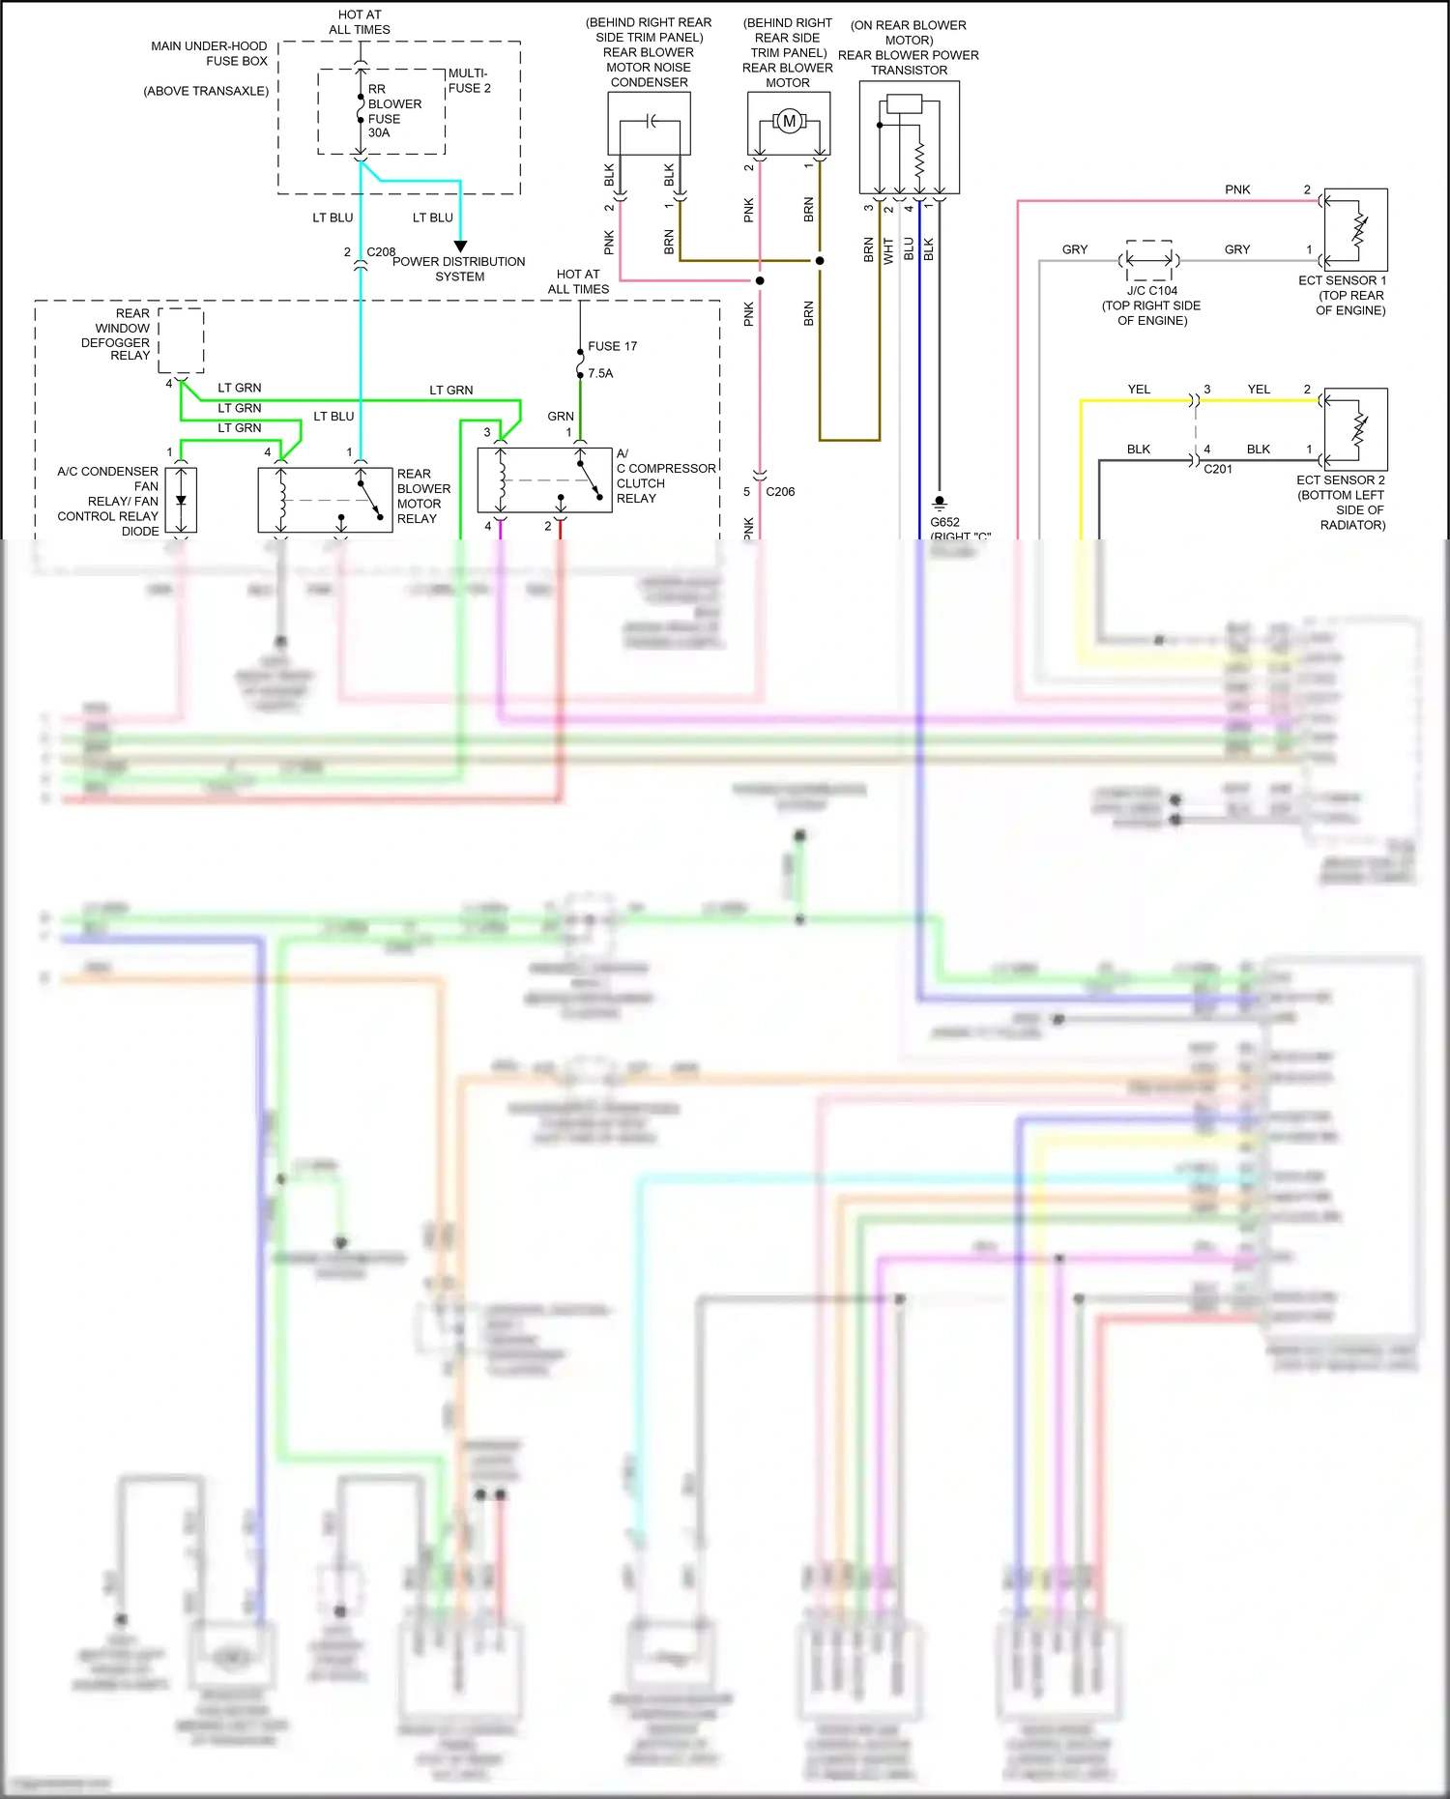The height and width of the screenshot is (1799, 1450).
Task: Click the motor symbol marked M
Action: click(x=789, y=122)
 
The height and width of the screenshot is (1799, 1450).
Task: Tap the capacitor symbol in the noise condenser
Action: click(x=651, y=122)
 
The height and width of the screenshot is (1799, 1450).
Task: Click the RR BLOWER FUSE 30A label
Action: click(x=393, y=111)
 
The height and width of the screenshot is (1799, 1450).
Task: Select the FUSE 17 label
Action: click(x=612, y=346)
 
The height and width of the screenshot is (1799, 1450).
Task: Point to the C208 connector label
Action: click(x=381, y=251)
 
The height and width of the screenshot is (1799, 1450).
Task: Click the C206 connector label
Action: click(x=780, y=491)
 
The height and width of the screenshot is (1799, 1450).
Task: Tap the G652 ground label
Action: click(x=944, y=522)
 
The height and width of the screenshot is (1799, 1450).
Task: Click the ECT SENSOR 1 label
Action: click(x=1342, y=280)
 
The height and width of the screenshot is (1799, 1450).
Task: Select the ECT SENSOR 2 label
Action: click(x=1340, y=479)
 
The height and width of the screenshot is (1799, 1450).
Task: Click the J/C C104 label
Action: click(x=1151, y=290)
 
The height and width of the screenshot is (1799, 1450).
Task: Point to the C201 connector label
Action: click(x=1217, y=469)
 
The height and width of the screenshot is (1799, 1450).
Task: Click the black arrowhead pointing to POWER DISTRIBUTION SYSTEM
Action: click(x=460, y=247)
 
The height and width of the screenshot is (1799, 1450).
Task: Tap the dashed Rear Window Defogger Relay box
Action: click(x=181, y=340)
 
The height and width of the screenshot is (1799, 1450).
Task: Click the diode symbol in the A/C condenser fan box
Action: click(x=181, y=501)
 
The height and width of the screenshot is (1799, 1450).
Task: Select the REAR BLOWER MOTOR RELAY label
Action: click(x=422, y=496)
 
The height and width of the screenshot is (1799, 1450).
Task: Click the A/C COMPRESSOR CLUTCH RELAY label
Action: click(x=665, y=476)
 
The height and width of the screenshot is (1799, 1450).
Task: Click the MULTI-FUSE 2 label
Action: click(x=469, y=80)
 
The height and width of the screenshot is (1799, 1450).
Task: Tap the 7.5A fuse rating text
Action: click(x=600, y=373)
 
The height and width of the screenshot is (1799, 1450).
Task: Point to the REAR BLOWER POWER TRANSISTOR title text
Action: click(x=908, y=62)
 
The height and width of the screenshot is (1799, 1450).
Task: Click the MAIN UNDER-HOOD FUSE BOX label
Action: click(x=209, y=53)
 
